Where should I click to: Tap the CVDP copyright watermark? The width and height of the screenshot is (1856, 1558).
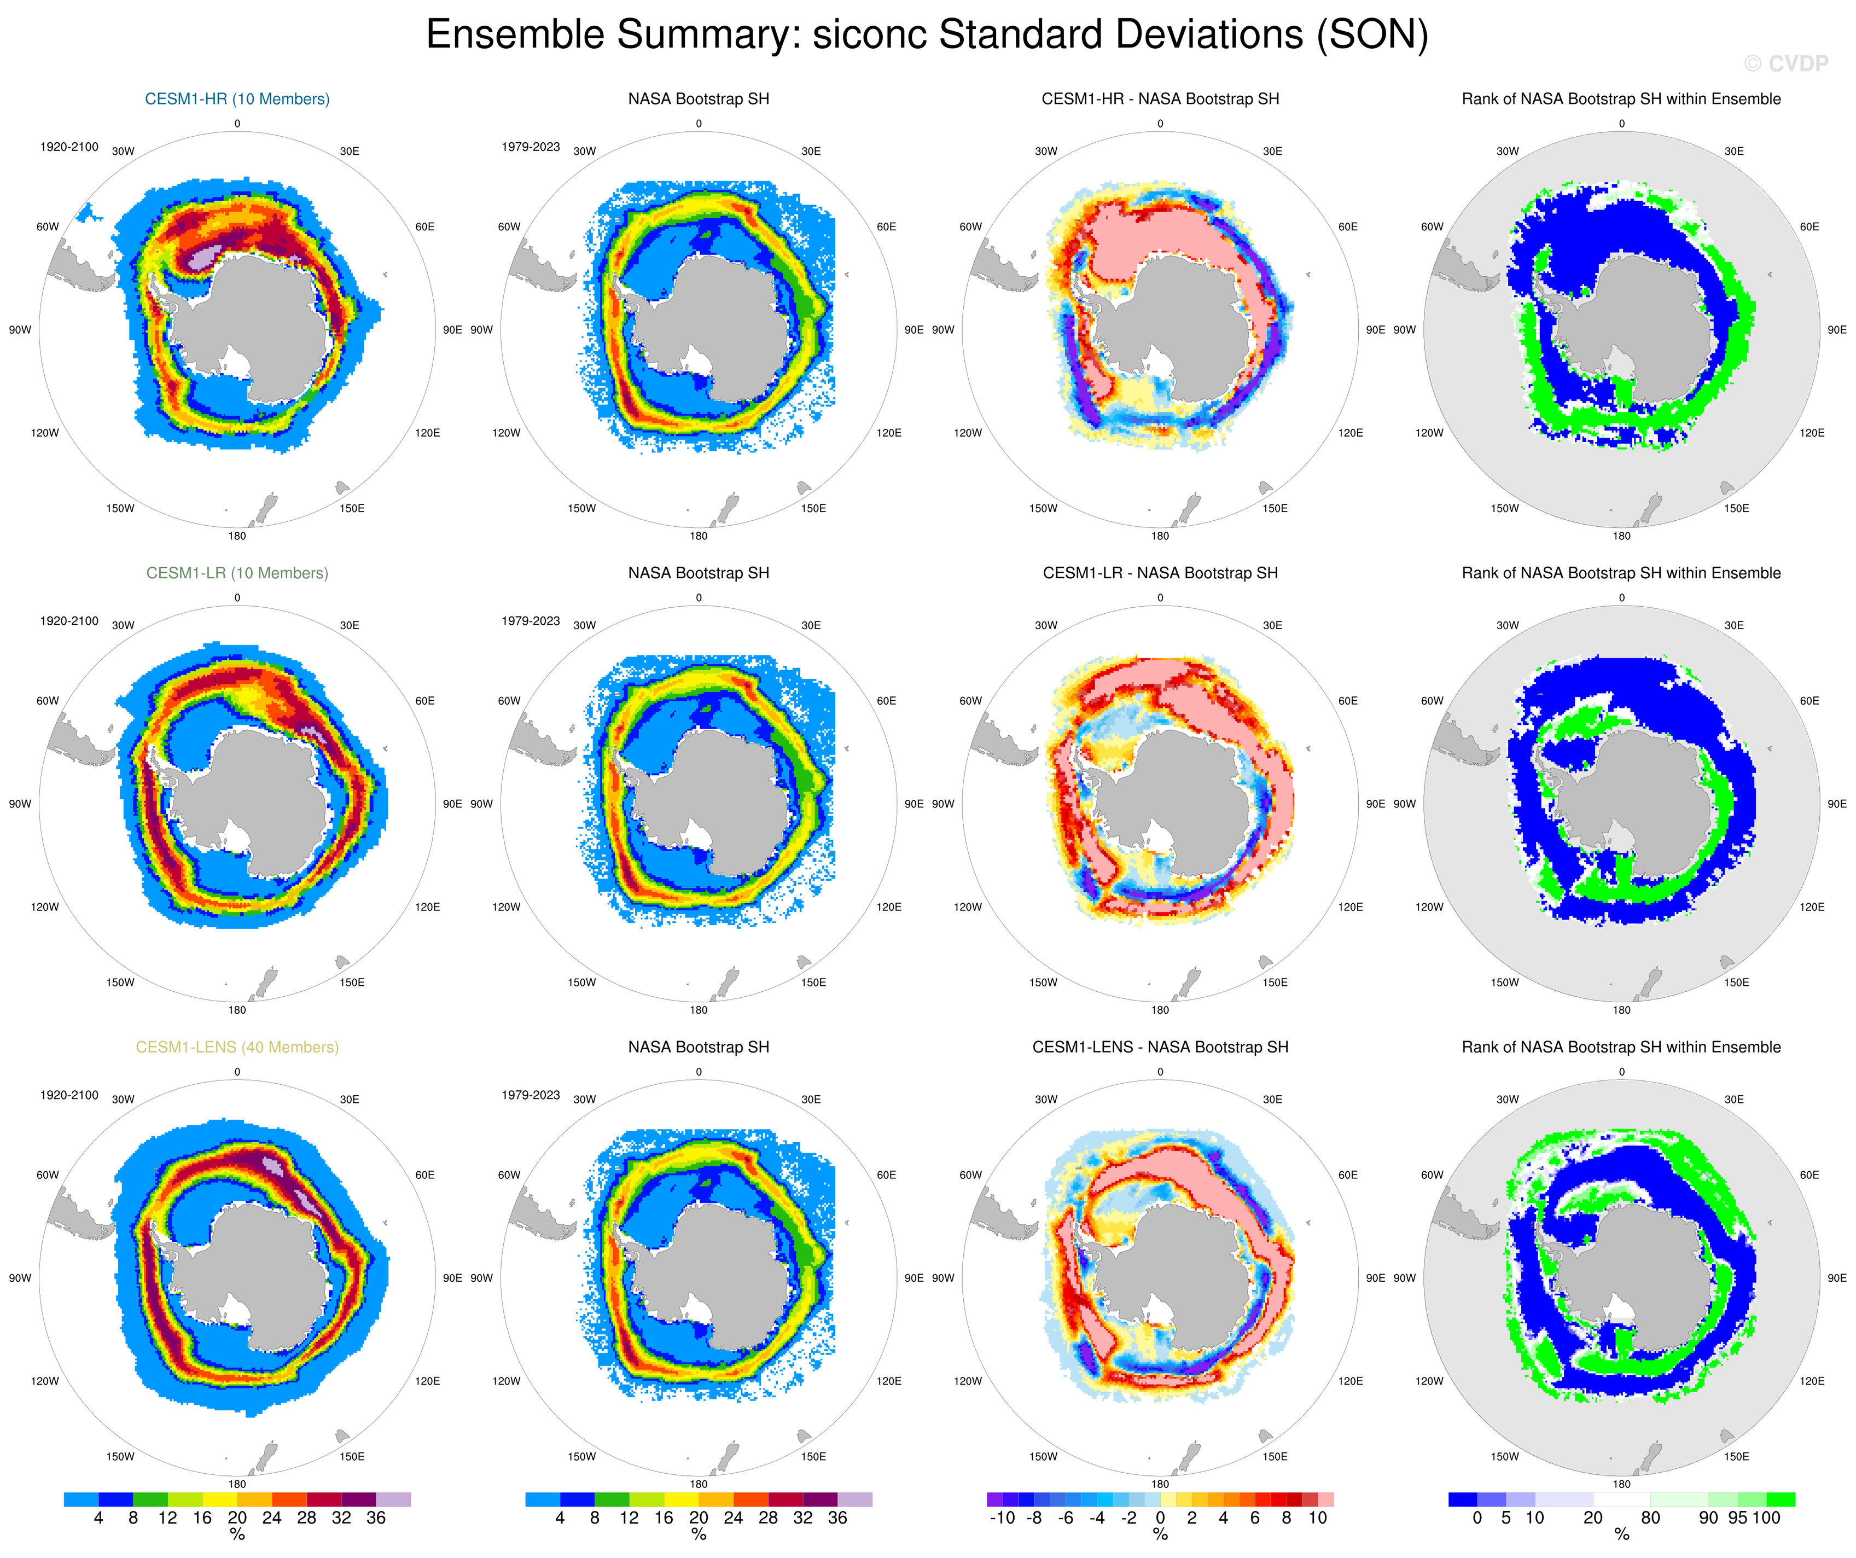coord(1785,63)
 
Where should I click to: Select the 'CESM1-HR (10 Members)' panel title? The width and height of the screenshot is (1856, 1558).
coord(237,99)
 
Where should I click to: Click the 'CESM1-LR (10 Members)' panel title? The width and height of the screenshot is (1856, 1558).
coord(237,573)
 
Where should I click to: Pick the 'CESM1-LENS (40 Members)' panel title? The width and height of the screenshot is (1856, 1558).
coord(237,1047)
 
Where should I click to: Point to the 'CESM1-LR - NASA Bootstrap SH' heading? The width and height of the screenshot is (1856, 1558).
coord(1160,573)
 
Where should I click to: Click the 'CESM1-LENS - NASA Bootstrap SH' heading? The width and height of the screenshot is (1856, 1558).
coord(1160,1047)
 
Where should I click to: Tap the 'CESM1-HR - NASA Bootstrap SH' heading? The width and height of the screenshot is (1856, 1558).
coord(1160,99)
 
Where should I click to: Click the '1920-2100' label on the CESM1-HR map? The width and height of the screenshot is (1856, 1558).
coord(69,147)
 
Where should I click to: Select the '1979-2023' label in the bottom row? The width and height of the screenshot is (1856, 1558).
coord(530,1095)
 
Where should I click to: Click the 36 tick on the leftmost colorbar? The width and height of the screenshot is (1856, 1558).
coord(376,1518)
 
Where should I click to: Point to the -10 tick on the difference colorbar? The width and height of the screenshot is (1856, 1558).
coord(1002,1518)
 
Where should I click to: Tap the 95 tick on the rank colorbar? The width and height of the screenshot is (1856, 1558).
coord(1737,1518)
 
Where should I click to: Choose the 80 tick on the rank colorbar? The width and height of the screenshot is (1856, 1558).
coord(1650,1518)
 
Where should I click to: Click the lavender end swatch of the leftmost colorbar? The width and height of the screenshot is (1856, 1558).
coord(393,1499)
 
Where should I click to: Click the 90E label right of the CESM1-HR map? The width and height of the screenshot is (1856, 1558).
coord(452,330)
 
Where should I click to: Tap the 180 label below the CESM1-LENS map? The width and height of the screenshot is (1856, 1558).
coord(237,1485)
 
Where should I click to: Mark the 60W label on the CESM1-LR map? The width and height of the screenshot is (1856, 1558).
coord(48,701)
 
